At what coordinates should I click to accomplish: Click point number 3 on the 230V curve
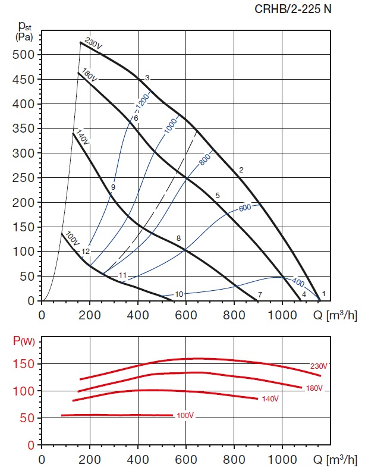(x=147, y=78)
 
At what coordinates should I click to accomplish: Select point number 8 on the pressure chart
(x=178, y=238)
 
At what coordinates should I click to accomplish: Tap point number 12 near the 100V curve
(x=86, y=252)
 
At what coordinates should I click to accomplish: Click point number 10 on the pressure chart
(x=179, y=294)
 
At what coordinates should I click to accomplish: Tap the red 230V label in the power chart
(x=319, y=366)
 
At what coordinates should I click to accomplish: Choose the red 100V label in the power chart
(x=185, y=415)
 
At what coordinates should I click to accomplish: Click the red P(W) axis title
(x=23, y=341)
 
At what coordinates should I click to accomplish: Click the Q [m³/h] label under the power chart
(x=336, y=459)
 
